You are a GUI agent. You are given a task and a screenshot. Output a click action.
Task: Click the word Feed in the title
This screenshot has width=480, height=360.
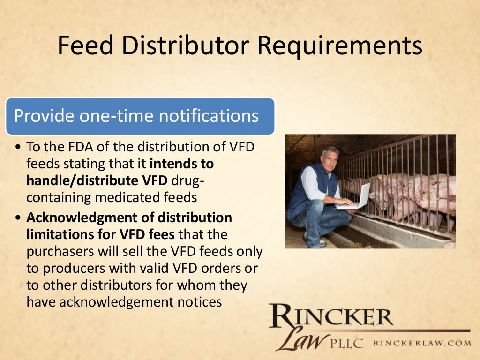click(88, 46)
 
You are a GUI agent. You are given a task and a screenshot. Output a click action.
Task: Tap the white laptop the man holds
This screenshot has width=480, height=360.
click(356, 197)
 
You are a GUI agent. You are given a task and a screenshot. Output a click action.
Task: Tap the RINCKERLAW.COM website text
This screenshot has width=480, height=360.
click(421, 343)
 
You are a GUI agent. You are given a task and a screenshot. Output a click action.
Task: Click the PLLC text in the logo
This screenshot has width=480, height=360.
click(348, 344)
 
